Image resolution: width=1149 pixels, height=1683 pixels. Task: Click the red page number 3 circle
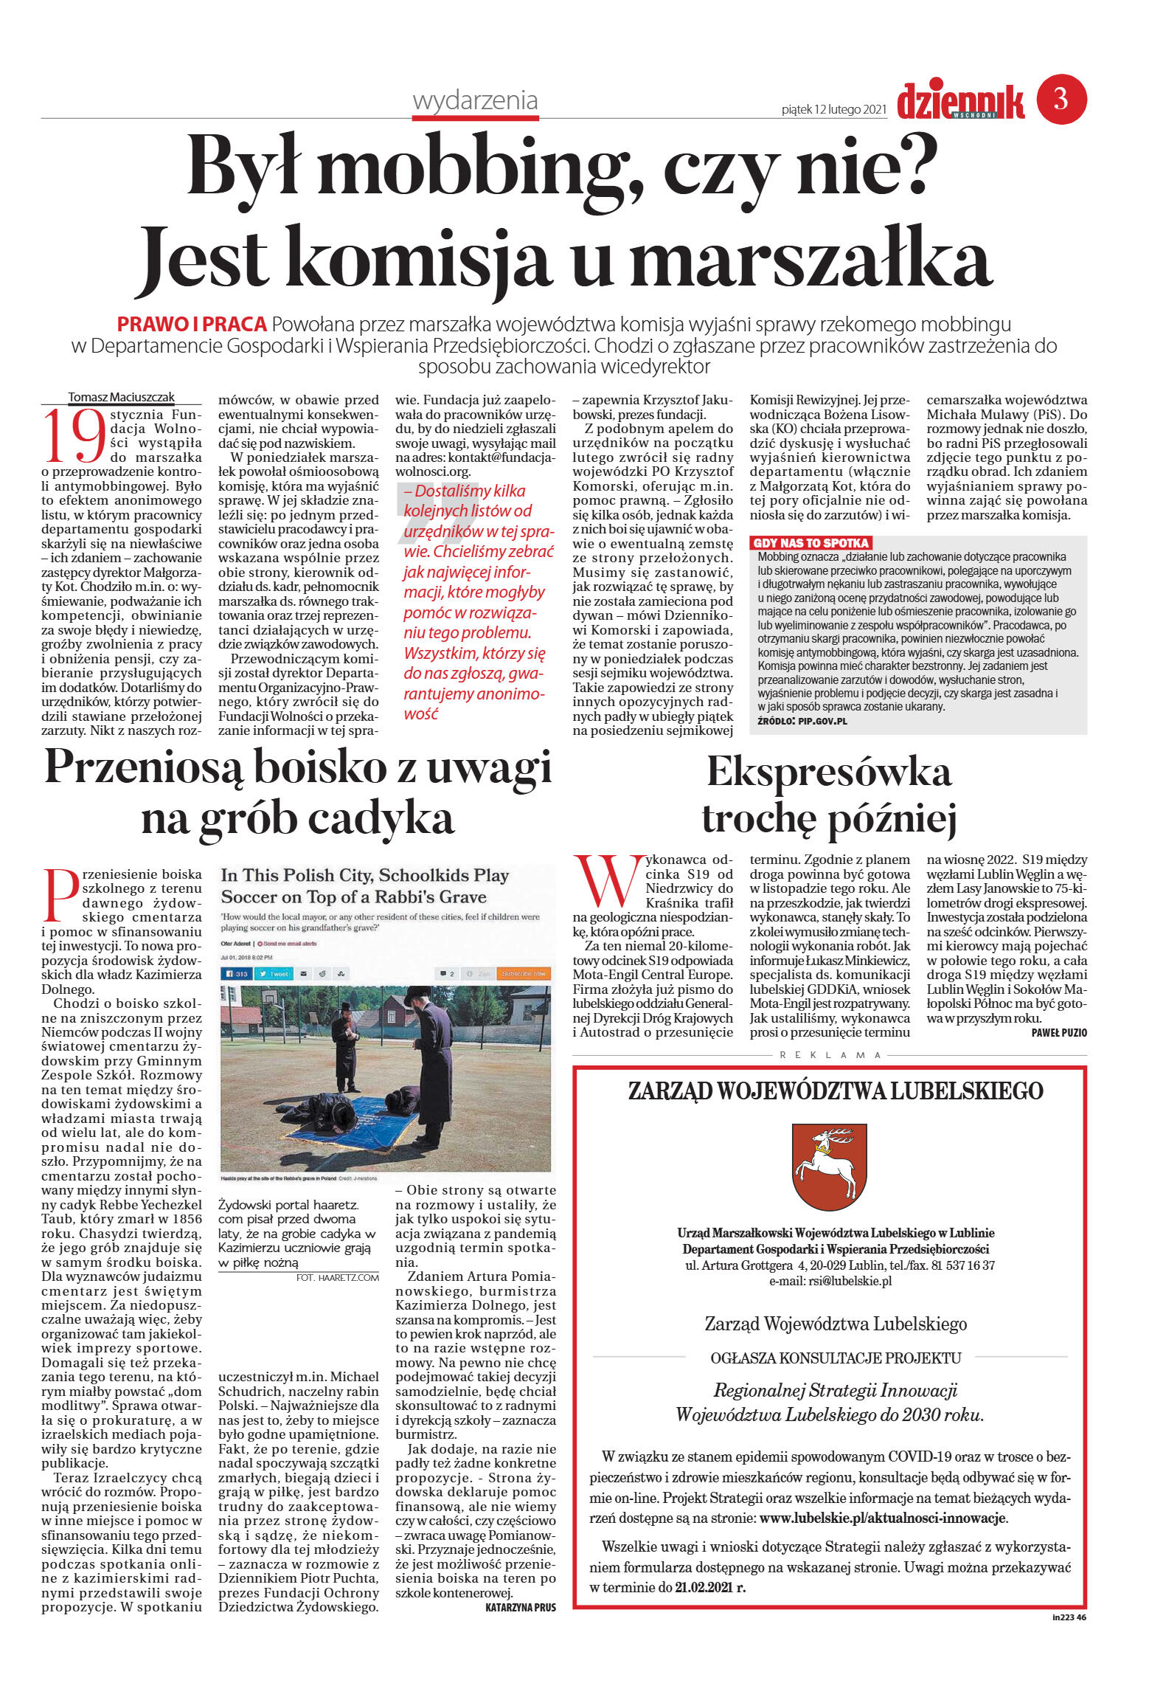pyautogui.click(x=1061, y=99)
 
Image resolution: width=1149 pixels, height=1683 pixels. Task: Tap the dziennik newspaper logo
pyautogui.click(x=960, y=102)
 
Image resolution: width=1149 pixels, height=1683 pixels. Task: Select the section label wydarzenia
pyautogui.click(x=475, y=100)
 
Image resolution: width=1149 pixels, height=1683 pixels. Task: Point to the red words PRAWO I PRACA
pyautogui.click(x=192, y=324)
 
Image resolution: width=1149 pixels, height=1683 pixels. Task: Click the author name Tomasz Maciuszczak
pyautogui.click(x=121, y=397)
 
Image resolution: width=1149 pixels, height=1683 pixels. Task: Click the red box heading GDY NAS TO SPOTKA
pyautogui.click(x=810, y=542)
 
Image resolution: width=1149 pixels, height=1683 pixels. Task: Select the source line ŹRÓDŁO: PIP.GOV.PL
pyautogui.click(x=802, y=720)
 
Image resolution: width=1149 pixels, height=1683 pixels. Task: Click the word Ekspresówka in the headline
pyautogui.click(x=828, y=773)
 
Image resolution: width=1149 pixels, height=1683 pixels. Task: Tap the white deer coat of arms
pyautogui.click(x=828, y=1164)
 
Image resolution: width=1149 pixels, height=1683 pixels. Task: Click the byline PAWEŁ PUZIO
pyautogui.click(x=1058, y=1033)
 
